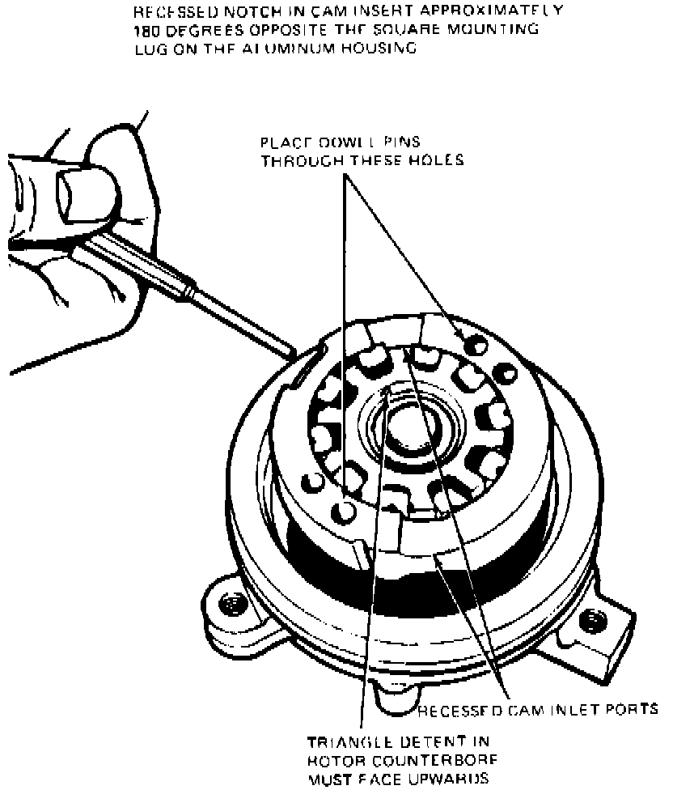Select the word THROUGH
(301, 159)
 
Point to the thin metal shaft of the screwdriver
(243, 316)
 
